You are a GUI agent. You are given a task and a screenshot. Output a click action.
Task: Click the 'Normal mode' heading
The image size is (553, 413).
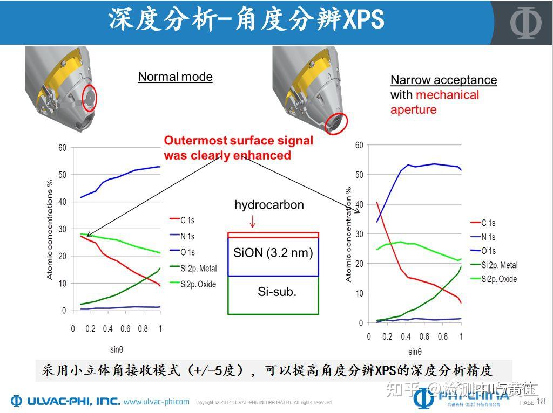tap(175, 77)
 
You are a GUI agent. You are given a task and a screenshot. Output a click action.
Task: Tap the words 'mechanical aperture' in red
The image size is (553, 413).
tap(435, 102)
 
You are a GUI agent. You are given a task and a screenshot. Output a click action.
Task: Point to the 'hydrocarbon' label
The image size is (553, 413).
tap(269, 205)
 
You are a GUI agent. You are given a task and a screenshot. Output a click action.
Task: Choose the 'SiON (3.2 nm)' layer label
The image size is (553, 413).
tap(273, 252)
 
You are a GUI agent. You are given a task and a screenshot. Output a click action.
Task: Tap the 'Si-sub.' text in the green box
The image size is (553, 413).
tap(277, 292)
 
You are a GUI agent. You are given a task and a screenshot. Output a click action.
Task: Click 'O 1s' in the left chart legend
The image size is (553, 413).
tap(187, 252)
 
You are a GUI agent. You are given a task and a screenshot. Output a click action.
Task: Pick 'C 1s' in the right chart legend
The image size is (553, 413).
tap(488, 223)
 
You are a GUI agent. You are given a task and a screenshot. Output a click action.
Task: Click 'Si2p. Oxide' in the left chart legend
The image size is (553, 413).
tap(198, 284)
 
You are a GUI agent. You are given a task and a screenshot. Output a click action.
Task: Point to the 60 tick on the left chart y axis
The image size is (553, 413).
tap(62, 148)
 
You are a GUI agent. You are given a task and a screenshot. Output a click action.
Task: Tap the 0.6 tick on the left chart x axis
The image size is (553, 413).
tap(125, 329)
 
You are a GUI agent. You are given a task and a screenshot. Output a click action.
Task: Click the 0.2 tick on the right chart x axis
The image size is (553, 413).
tap(387, 337)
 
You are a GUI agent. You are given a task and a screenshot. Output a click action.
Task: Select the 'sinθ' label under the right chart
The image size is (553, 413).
tap(415, 352)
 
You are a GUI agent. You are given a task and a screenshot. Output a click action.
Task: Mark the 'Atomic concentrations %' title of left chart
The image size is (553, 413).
tap(50, 230)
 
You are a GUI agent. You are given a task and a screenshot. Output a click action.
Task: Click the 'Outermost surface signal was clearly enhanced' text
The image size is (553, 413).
tap(238, 148)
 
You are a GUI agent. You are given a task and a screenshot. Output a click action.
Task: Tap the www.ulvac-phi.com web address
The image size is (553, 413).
tap(156, 402)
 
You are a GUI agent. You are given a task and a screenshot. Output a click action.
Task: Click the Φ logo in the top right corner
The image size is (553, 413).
tap(526, 23)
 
